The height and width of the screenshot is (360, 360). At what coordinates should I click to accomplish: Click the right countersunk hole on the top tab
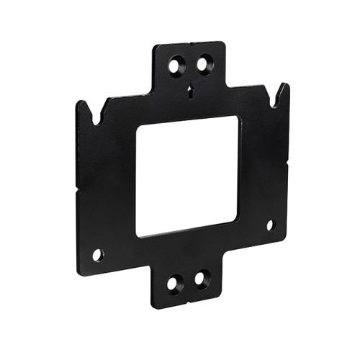tap(205, 65)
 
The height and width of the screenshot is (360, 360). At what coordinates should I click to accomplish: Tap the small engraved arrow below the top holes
tap(191, 91)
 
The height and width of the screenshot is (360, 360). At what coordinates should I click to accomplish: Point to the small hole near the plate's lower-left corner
tap(98, 254)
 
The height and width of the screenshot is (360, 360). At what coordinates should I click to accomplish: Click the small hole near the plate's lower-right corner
tap(271, 225)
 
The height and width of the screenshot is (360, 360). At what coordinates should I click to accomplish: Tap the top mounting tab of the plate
tap(191, 68)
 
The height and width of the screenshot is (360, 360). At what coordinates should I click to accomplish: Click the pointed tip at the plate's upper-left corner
tap(80, 102)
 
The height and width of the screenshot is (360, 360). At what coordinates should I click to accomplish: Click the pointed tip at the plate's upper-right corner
tap(286, 84)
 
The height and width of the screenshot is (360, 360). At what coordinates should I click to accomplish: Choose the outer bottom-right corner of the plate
tap(287, 238)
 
